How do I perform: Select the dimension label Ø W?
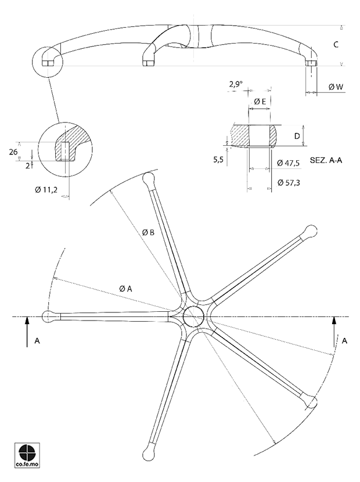pos(336,87)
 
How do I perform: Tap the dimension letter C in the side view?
pos(336,45)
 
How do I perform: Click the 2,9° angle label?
pos(235,85)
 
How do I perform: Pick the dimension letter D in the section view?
pos(296,136)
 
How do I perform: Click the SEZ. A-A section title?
pos(326,160)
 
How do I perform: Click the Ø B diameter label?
pos(148,232)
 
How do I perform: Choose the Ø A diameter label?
pos(126,289)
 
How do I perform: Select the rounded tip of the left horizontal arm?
pos(49,316)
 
